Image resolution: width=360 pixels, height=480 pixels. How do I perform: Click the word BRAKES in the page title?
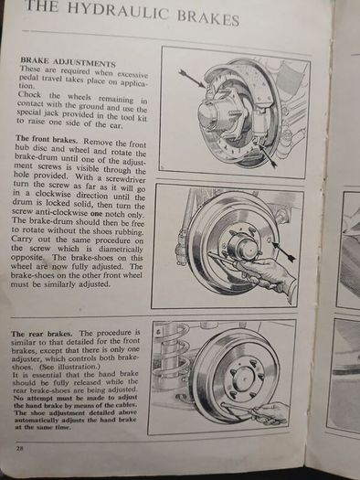point(208,19)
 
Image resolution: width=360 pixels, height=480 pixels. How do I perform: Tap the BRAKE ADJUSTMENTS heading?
point(68,62)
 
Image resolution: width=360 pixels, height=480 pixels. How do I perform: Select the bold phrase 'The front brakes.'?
point(47,140)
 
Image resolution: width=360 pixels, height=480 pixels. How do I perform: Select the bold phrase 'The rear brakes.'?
point(42,334)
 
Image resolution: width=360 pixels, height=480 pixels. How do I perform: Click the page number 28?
point(19,450)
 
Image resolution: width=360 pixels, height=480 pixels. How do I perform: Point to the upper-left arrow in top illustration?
point(193,79)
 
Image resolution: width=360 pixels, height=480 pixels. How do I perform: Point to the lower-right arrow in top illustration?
point(268,155)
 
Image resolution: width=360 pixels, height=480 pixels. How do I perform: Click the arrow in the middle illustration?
point(284,251)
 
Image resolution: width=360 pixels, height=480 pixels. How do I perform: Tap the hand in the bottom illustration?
point(270,413)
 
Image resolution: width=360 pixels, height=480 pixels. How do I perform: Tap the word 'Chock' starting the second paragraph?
point(29,94)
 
